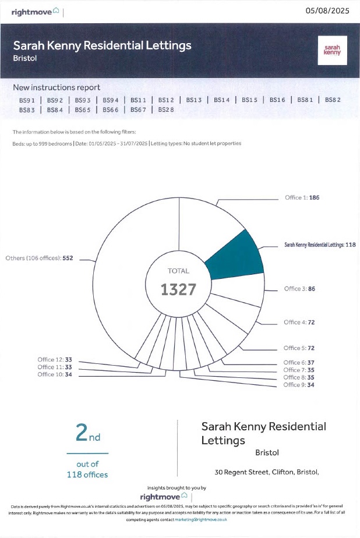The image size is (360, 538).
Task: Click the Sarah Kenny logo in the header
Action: coord(331,51)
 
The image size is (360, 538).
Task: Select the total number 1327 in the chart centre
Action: coord(178,289)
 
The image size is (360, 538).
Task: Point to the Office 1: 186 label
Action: coord(302,197)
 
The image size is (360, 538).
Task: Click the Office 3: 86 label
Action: coord(299,289)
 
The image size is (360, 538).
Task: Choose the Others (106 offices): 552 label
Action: coord(39,258)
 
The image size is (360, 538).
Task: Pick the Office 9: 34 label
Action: coord(299,385)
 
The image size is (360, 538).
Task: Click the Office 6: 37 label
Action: coord(299,363)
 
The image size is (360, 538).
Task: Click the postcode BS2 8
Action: coord(162,109)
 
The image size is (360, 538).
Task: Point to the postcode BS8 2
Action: coord(333,100)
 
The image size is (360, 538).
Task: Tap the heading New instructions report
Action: coord(57,87)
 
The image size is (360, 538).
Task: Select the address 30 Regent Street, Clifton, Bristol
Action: coord(267,472)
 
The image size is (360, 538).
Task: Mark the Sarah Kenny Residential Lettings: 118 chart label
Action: coord(320,245)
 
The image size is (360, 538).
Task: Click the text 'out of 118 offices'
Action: coord(87,469)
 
